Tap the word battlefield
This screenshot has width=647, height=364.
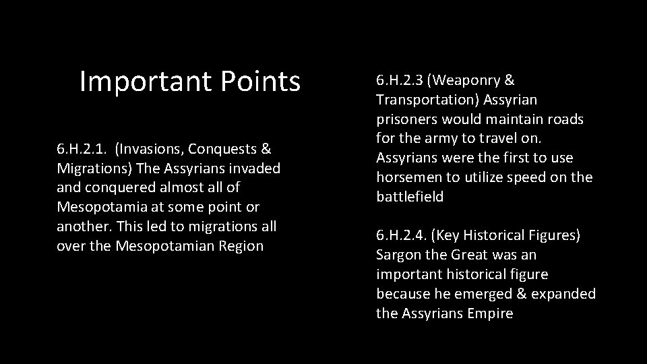point(410,197)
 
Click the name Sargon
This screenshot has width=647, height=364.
point(398,255)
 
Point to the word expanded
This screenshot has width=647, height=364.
point(565,294)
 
